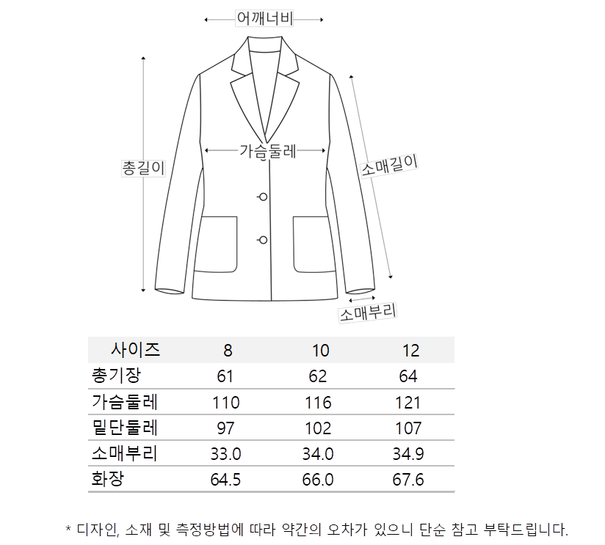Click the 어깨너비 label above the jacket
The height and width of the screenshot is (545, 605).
pyautogui.click(x=264, y=19)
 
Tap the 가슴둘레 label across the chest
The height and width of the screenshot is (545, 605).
pyautogui.click(x=267, y=152)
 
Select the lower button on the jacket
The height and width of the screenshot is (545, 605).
pyautogui.click(x=262, y=239)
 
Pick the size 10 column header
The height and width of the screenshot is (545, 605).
pyautogui.click(x=320, y=351)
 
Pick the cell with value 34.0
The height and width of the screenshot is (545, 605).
pyautogui.click(x=318, y=454)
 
